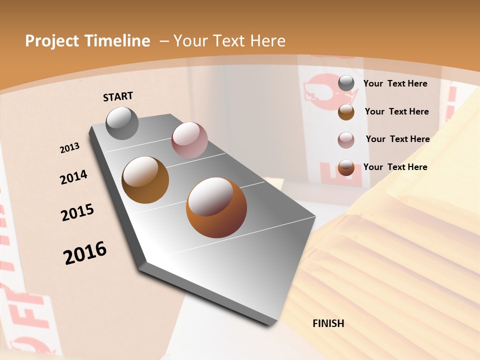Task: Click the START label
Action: [118, 96]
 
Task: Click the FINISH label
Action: [328, 323]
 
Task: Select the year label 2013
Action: [70, 148]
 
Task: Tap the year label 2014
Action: [74, 177]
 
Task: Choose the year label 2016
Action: [85, 253]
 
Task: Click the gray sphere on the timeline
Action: [122, 123]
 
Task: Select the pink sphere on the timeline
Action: [189, 140]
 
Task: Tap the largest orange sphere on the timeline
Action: [216, 207]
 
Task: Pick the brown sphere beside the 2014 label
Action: [145, 180]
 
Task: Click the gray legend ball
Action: [346, 83]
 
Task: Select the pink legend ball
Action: [346, 140]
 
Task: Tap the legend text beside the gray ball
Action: [395, 84]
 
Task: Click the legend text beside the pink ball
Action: [397, 139]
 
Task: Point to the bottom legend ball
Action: [346, 167]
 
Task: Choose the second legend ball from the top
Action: [346, 112]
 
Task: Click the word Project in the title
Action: [52, 41]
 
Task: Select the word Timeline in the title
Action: [117, 41]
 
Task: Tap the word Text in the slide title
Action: [225, 41]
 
